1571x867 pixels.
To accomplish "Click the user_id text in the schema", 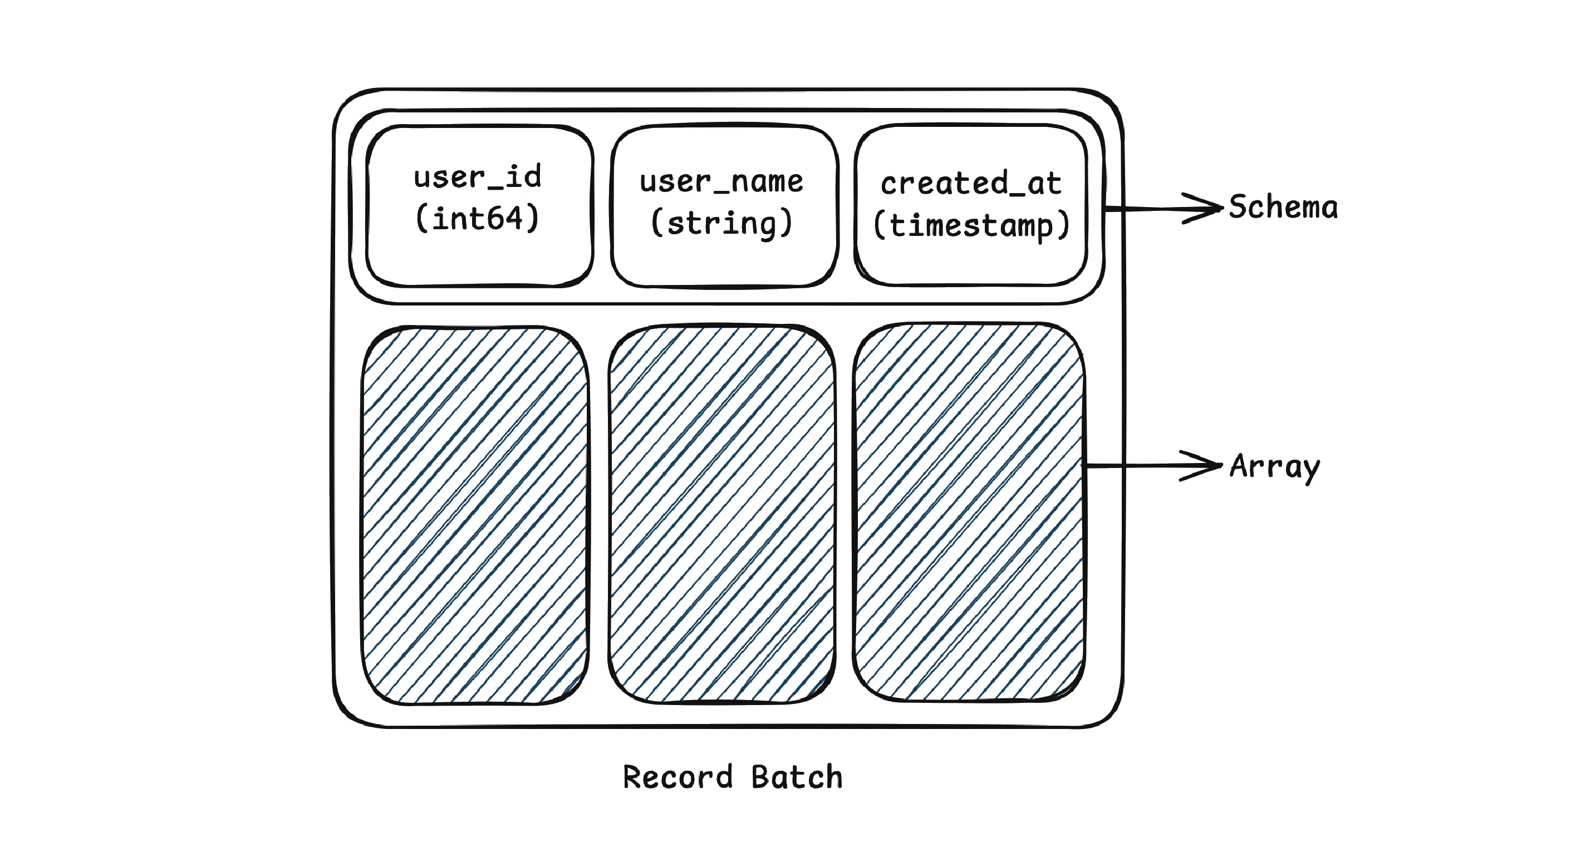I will point(477,177).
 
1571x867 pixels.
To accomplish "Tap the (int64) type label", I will point(477,218).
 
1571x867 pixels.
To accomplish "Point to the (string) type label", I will point(721,223).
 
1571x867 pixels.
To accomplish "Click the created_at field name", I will point(970,183).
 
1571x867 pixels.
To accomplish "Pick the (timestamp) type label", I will point(970,225).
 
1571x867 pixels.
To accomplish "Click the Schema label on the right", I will point(1283,208).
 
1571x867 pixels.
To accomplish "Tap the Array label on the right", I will point(1274,467).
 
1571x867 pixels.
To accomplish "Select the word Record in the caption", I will point(677,777).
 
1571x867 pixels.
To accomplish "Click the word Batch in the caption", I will point(797,777).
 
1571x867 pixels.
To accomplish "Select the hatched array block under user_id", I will point(475,515).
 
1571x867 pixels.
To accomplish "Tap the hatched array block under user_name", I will point(721,514).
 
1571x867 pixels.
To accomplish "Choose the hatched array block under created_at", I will point(969,512).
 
